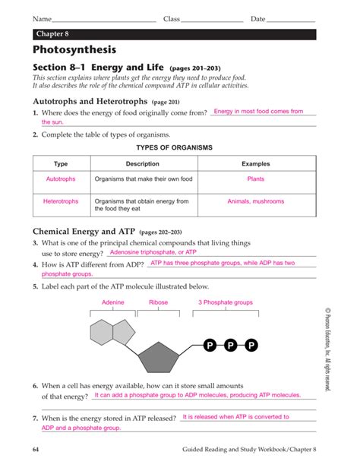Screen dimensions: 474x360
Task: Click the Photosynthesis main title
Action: tap(74, 51)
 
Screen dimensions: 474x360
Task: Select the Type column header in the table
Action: tap(61, 164)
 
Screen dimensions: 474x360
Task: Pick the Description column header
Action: tap(142, 164)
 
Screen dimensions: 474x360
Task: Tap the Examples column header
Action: tap(255, 164)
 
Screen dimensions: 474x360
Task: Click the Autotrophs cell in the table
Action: tap(61, 179)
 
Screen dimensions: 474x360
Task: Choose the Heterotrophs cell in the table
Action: tap(61, 201)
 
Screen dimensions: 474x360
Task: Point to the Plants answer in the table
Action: tap(255, 179)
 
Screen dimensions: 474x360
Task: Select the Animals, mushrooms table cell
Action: tap(255, 201)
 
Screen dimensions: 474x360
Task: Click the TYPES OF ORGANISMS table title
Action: tap(173, 147)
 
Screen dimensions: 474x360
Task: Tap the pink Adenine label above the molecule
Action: tap(112, 302)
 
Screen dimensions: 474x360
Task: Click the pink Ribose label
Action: tap(158, 302)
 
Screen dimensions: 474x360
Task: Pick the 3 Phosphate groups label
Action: tap(226, 302)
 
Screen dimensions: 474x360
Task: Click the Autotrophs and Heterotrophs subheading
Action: tap(90, 101)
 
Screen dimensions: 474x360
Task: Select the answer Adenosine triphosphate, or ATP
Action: tap(153, 251)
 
